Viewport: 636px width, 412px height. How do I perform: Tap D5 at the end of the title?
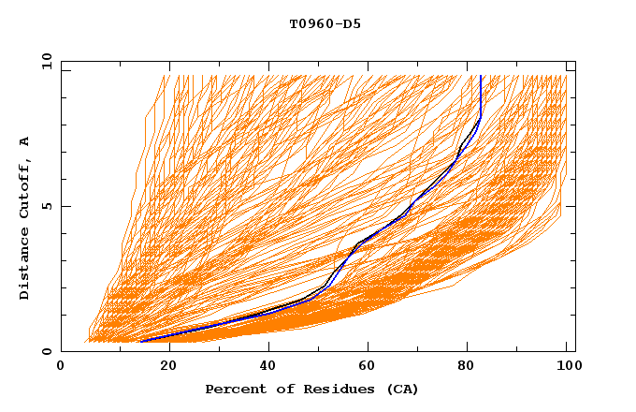(353, 24)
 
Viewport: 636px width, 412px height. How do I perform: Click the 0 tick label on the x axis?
(61, 367)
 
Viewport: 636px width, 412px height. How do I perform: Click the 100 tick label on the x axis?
(567, 367)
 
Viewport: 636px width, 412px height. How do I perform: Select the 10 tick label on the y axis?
(43, 61)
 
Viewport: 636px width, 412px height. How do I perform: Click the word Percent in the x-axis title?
(235, 389)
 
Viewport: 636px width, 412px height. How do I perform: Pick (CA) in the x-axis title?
(403, 389)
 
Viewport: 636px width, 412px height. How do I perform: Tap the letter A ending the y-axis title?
(25, 141)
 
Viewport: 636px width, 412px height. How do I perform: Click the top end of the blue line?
(480, 76)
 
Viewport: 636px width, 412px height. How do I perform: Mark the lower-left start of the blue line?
(140, 342)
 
